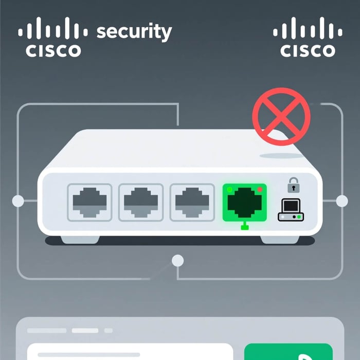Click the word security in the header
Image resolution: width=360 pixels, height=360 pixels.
pyautogui.click(x=134, y=32)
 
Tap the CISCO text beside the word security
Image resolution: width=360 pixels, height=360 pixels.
pyautogui.click(x=53, y=50)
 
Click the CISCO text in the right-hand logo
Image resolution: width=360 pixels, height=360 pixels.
pyautogui.click(x=308, y=50)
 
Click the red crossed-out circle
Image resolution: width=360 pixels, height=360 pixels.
pyautogui.click(x=281, y=117)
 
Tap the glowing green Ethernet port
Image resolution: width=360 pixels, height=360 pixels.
pyautogui.click(x=244, y=202)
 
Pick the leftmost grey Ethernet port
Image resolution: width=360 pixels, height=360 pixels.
pyautogui.click(x=89, y=202)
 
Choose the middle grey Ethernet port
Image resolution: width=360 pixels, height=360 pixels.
pyautogui.click(x=141, y=202)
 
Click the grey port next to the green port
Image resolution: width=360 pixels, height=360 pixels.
pyautogui.click(x=191, y=202)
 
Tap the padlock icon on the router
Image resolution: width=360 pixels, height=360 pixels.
pyautogui.click(x=293, y=184)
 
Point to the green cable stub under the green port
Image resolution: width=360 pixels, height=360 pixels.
pyautogui.click(x=244, y=226)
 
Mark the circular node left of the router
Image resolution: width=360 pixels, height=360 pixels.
pyautogui.click(x=18, y=201)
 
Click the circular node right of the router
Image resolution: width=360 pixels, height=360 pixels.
pyautogui.click(x=342, y=201)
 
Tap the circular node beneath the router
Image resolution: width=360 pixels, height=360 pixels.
pyautogui.click(x=178, y=260)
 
